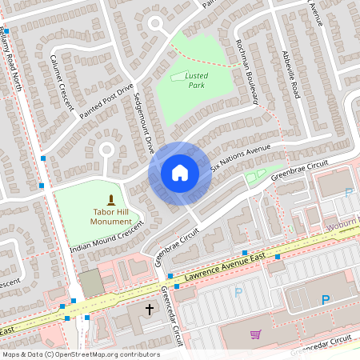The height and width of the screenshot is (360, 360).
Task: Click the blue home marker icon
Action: (180, 173)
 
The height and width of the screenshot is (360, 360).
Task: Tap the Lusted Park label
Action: (197, 80)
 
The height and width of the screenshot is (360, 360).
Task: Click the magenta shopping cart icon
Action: (256, 334)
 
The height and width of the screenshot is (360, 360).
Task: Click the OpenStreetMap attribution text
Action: (81, 354)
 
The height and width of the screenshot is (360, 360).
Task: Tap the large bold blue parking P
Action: (326, 300)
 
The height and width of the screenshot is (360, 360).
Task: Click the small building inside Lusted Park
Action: (178, 77)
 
